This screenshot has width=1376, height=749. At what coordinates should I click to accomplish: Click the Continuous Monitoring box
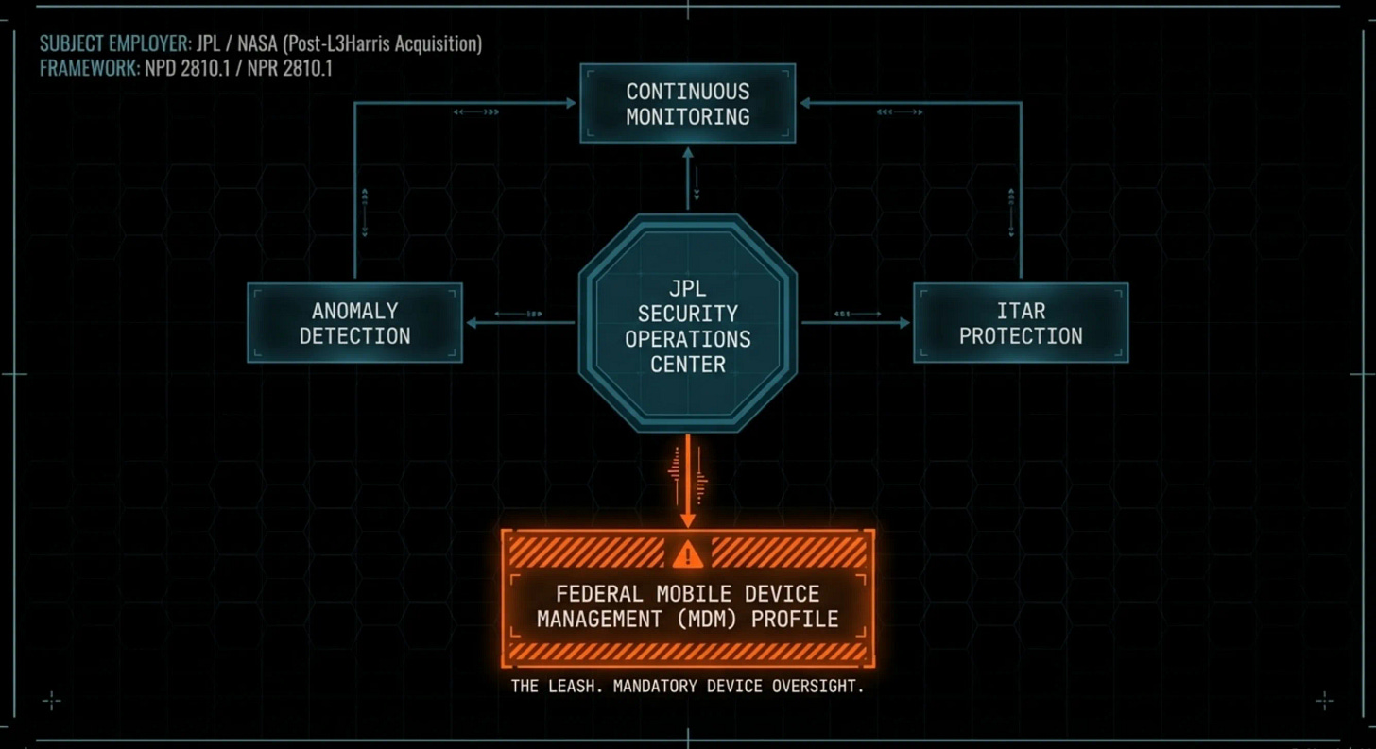(x=687, y=104)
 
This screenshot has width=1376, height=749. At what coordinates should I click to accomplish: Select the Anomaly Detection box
(x=354, y=323)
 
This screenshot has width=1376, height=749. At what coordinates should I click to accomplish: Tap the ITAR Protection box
(x=1021, y=323)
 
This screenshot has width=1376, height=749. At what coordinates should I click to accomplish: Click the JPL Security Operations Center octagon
(x=687, y=323)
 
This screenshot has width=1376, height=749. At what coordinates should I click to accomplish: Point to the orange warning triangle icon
(x=687, y=553)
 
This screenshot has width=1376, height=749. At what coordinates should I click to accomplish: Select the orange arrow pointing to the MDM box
(x=687, y=482)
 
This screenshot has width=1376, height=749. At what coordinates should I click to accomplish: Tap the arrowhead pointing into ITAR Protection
(x=903, y=323)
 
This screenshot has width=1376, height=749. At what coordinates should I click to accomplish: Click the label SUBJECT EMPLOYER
(x=114, y=44)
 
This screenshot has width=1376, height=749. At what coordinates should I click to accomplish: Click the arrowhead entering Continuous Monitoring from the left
(x=571, y=103)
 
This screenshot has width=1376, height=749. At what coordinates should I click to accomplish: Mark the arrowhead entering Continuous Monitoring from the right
(x=804, y=103)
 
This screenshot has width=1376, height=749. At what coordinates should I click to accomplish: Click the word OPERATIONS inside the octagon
(x=687, y=339)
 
